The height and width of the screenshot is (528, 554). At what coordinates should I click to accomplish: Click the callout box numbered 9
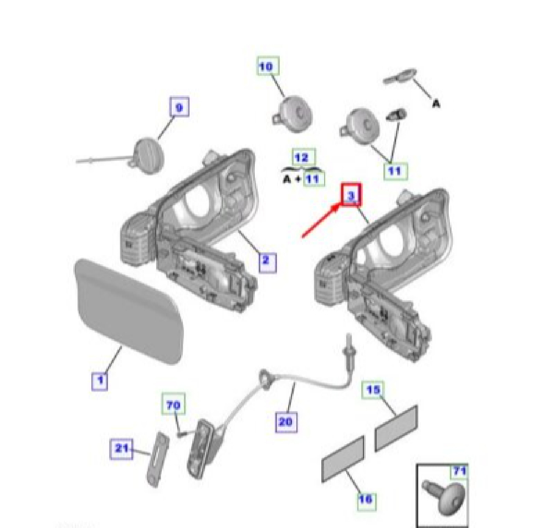click(x=179, y=107)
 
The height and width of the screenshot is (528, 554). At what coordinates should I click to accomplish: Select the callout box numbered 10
click(x=268, y=66)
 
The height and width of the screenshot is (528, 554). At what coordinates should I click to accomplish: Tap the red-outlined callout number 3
click(x=351, y=194)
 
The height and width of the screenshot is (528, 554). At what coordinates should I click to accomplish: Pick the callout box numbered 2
click(x=268, y=263)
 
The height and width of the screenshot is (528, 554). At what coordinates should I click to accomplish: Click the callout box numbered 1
click(x=100, y=381)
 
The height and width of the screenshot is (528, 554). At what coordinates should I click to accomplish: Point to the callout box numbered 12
click(x=304, y=157)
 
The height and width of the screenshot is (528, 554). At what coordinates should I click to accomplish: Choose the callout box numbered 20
click(x=286, y=422)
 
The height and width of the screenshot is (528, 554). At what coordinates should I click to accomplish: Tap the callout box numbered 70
click(x=173, y=403)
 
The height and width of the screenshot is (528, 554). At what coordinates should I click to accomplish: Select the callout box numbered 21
click(x=121, y=448)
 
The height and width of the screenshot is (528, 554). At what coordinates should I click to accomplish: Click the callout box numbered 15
click(x=373, y=389)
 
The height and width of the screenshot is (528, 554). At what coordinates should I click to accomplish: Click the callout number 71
click(x=459, y=471)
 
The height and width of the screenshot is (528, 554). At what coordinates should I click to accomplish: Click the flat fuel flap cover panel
click(x=129, y=311)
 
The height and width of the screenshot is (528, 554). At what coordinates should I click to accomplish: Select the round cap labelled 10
click(x=293, y=114)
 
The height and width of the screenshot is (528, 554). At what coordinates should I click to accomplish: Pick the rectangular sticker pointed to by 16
click(x=343, y=459)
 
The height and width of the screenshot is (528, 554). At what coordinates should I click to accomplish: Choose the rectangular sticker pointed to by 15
click(x=396, y=428)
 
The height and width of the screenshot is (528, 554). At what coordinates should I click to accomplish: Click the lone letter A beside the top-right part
click(x=437, y=104)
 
